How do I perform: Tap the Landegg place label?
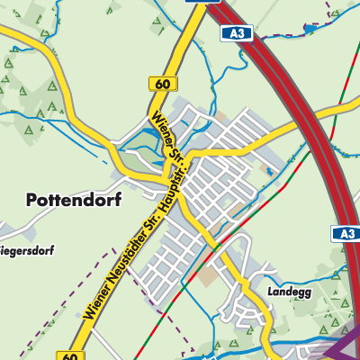[289, 292]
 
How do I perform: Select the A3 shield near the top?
[236, 33]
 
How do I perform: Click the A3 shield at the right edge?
[346, 233]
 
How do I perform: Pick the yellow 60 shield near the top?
[162, 84]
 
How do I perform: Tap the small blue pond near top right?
[311, 28]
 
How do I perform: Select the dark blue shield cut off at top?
[198, 3]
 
